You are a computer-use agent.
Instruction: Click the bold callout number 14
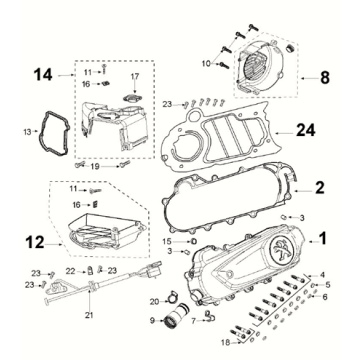click(43, 75)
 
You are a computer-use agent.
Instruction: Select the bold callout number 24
click(306, 130)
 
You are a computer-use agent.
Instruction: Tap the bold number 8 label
click(325, 78)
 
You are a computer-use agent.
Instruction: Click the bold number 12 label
click(35, 243)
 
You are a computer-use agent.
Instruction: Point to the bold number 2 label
click(319, 188)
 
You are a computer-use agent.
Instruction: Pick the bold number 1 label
click(323, 238)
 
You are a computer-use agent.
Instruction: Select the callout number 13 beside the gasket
click(28, 132)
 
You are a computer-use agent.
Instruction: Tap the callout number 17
click(135, 77)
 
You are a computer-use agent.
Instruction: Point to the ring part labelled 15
click(194, 241)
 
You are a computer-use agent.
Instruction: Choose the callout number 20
click(155, 302)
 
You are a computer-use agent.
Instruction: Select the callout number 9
click(152, 321)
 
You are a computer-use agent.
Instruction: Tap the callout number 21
click(90, 315)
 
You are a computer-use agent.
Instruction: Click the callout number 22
click(71, 272)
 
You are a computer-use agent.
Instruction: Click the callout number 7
click(194, 321)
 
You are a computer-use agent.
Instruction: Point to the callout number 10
click(206, 63)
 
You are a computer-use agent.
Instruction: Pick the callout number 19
click(95, 166)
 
